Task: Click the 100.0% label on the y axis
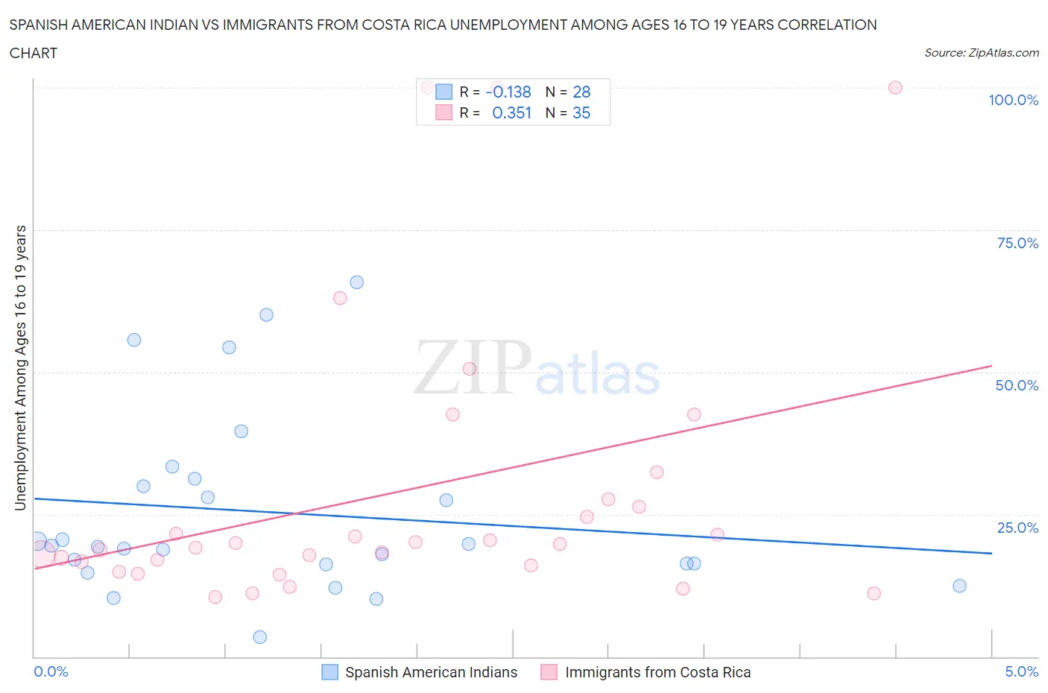(x=1013, y=101)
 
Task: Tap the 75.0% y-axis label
(x=1017, y=243)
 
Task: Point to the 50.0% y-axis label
(x=1017, y=385)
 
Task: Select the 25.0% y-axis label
(x=1017, y=528)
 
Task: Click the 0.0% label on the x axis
(x=51, y=671)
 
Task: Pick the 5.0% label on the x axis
(x=1021, y=671)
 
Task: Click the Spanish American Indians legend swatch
(x=329, y=672)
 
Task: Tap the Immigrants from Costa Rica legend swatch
(x=549, y=672)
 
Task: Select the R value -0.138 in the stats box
(x=508, y=92)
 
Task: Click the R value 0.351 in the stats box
(x=511, y=113)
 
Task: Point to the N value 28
(x=581, y=92)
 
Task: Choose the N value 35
(x=581, y=113)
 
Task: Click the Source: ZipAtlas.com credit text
(x=981, y=53)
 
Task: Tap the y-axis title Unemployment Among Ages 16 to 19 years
(x=21, y=368)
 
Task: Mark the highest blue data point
(x=357, y=282)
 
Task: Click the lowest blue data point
(x=260, y=637)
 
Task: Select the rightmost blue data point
(x=959, y=586)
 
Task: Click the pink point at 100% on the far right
(x=895, y=88)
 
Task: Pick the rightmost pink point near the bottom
(x=874, y=593)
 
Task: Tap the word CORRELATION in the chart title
(x=827, y=25)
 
